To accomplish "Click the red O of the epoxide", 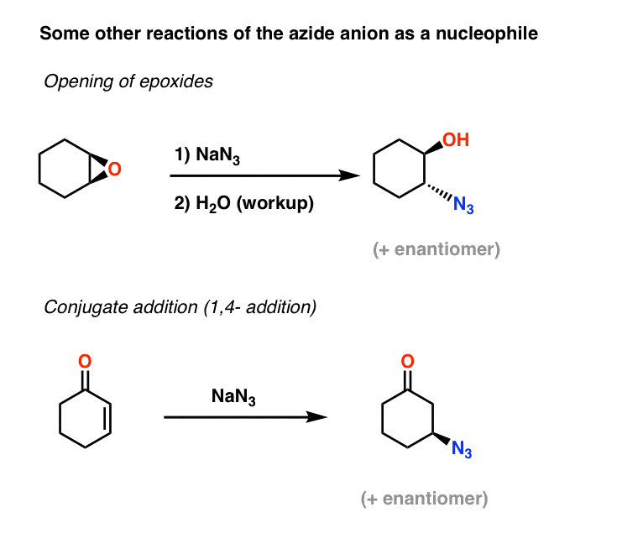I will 114,170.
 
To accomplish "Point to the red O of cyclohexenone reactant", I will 83,362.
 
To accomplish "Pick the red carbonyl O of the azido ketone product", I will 407,362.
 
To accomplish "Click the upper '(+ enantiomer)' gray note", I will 437,250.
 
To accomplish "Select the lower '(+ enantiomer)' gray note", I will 424,499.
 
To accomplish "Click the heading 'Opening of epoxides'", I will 128,81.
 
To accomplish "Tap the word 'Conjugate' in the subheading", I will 80,307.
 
